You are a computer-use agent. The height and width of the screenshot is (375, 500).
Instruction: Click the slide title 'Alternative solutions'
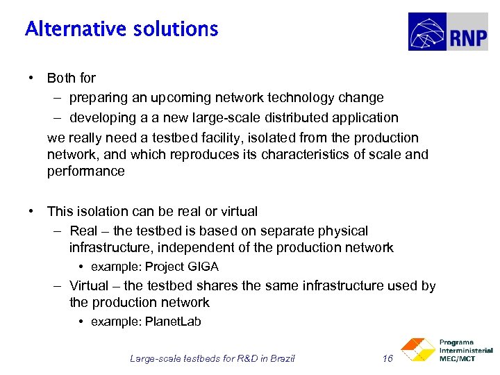tap(122, 29)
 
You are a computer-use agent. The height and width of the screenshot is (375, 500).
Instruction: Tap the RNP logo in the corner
tap(447, 32)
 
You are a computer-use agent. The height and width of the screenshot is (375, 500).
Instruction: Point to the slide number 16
tap(388, 358)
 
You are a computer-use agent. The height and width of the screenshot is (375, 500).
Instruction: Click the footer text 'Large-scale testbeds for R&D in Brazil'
tap(212, 358)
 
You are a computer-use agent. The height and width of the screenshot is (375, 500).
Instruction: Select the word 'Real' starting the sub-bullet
tap(84, 231)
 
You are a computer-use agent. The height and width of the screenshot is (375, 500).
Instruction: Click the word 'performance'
tap(86, 171)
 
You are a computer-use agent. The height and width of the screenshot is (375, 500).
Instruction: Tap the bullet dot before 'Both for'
tap(32, 78)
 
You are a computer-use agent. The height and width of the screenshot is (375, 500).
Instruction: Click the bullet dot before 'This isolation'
tap(32, 211)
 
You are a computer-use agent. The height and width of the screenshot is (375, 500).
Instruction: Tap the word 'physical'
tap(343, 231)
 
